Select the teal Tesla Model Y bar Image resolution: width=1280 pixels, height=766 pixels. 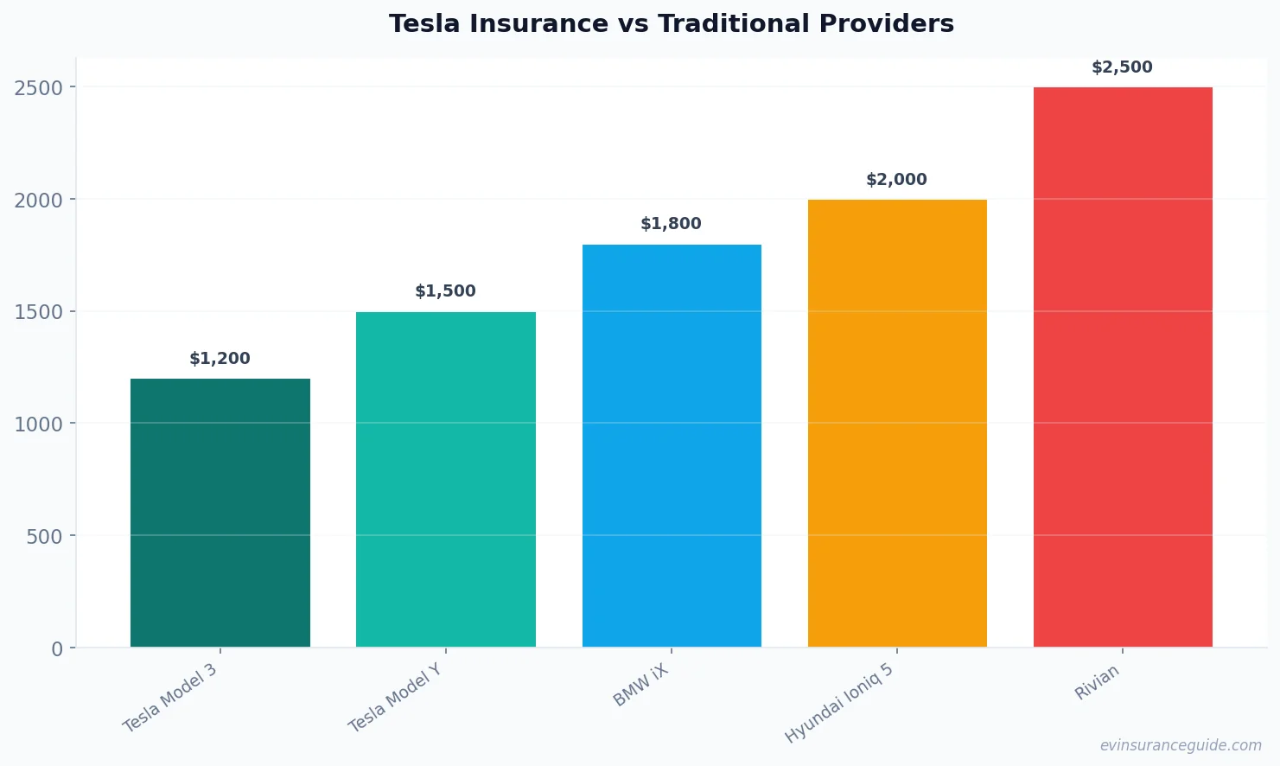tap(445, 479)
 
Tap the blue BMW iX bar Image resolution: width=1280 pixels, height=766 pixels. tap(672, 445)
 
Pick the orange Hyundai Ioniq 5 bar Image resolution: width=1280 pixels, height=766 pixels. tap(897, 423)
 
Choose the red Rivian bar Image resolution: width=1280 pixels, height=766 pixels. tap(1123, 367)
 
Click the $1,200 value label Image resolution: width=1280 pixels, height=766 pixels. tap(220, 359)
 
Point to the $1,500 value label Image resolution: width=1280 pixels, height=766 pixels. tap(445, 291)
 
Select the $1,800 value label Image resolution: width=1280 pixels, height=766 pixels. tap(671, 224)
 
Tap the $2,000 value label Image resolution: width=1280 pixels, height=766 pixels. tap(896, 180)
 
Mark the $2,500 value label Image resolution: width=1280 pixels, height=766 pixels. tap(1122, 67)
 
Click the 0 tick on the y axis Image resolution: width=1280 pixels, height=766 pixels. tap(57, 648)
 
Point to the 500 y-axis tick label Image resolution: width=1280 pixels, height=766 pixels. tap(44, 536)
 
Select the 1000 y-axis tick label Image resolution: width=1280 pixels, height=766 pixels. tap(39, 424)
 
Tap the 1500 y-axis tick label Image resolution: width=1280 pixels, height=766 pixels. tap(39, 312)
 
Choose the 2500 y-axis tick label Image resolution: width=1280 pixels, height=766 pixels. tap(39, 88)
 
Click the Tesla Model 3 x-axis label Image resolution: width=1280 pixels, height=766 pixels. tap(170, 699)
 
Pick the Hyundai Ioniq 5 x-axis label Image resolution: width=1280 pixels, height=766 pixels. tap(838, 704)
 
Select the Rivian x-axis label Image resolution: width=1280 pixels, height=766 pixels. tap(1097, 682)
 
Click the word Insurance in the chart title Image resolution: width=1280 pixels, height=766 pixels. tap(538, 24)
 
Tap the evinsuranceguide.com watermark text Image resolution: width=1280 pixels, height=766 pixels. tap(1180, 745)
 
